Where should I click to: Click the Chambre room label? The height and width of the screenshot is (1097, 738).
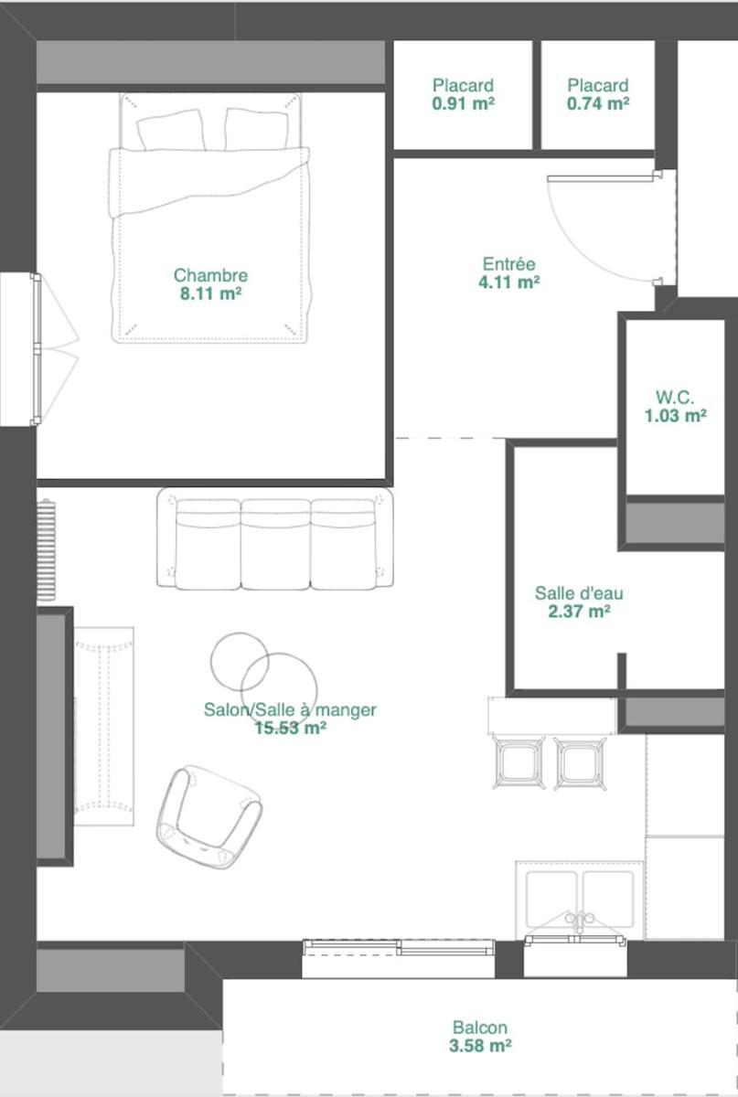point(210,275)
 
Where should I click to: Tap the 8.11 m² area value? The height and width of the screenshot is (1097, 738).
point(210,293)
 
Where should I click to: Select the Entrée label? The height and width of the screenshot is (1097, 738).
point(509,264)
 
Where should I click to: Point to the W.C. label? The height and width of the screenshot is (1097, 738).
point(675,397)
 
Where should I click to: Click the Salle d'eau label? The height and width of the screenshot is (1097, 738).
point(579,593)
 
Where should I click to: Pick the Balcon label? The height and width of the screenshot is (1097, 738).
point(480,1027)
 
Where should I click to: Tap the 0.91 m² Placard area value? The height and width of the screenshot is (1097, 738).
point(463,103)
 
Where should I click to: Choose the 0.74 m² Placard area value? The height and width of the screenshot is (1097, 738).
point(598,103)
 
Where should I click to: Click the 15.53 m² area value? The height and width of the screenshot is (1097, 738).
point(290,729)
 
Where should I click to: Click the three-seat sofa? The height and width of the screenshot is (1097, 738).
point(275,538)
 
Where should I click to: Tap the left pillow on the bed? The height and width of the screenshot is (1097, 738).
point(170,130)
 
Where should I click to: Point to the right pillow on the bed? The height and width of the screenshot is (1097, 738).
point(256,129)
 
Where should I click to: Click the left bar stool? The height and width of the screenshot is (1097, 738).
point(519,763)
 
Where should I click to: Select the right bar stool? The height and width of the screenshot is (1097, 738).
point(580,763)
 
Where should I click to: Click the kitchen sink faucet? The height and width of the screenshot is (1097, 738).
point(579,921)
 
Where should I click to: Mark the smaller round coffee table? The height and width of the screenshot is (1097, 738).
point(240,661)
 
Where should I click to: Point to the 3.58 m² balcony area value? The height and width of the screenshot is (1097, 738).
point(480,1046)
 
